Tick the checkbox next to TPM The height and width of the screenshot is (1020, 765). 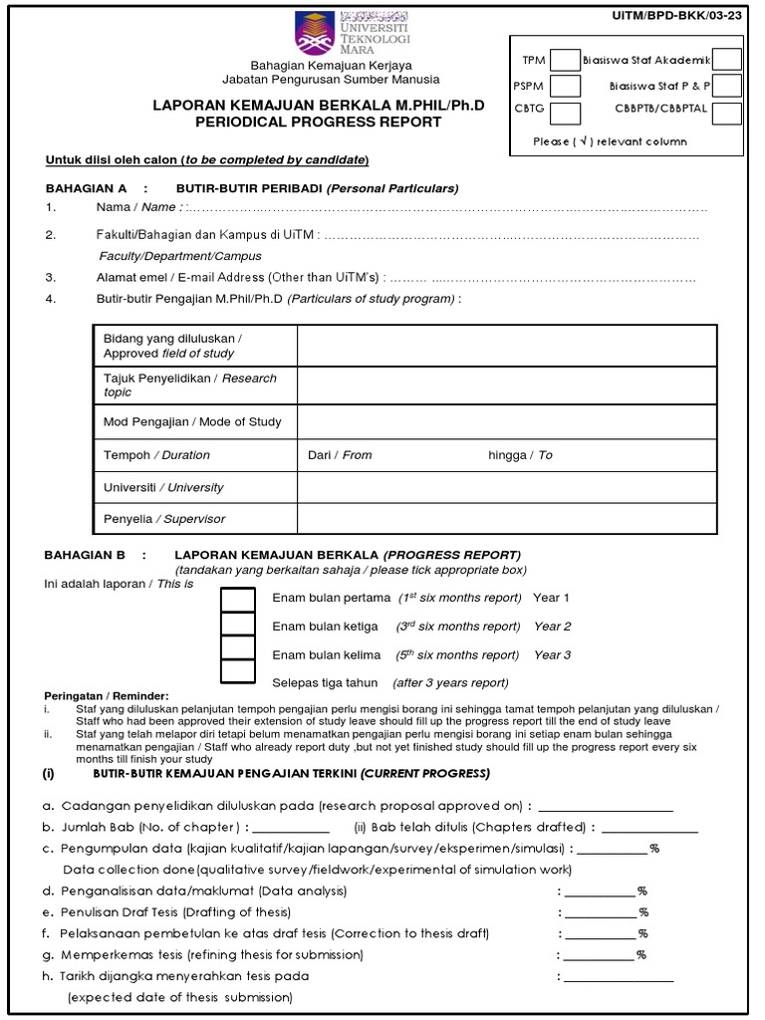pos(565,61)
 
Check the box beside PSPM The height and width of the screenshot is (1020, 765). pos(565,87)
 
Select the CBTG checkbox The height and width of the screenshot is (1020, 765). pos(565,113)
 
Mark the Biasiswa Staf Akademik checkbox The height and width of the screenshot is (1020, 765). pos(726,61)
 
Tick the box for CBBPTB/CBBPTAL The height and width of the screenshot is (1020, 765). pos(726,113)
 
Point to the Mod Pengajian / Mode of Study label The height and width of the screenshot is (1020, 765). pos(192,421)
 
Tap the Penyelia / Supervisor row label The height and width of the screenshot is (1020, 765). pos(164,519)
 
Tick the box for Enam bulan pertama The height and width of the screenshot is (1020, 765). pos(238,598)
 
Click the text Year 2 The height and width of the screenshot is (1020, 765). pos(552,627)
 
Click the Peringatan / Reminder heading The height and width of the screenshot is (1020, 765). pos(108,695)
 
